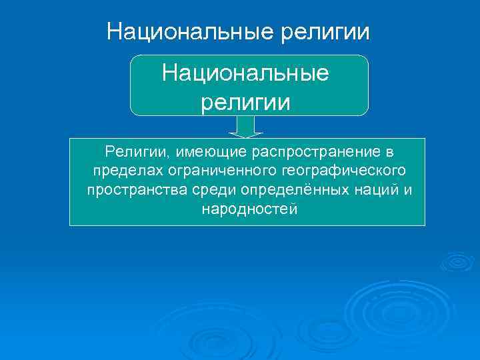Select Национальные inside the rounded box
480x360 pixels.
[x=245, y=73]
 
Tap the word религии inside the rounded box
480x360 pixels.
[x=246, y=102]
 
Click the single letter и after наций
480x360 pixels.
[x=408, y=191]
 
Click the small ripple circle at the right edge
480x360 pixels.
[x=457, y=262]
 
